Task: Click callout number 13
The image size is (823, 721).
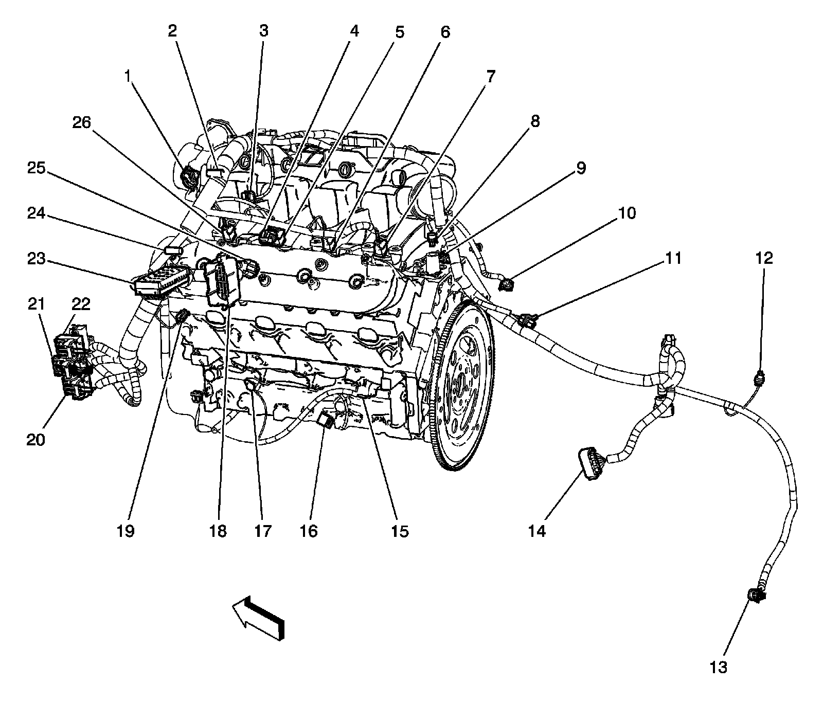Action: coord(719,667)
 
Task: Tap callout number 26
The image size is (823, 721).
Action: coord(82,122)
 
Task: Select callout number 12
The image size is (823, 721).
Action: coord(764,258)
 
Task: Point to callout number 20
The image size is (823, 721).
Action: coord(37,440)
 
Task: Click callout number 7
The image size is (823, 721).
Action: coord(490,77)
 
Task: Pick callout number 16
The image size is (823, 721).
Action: coord(309,531)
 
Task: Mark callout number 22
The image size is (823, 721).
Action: coord(81,304)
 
